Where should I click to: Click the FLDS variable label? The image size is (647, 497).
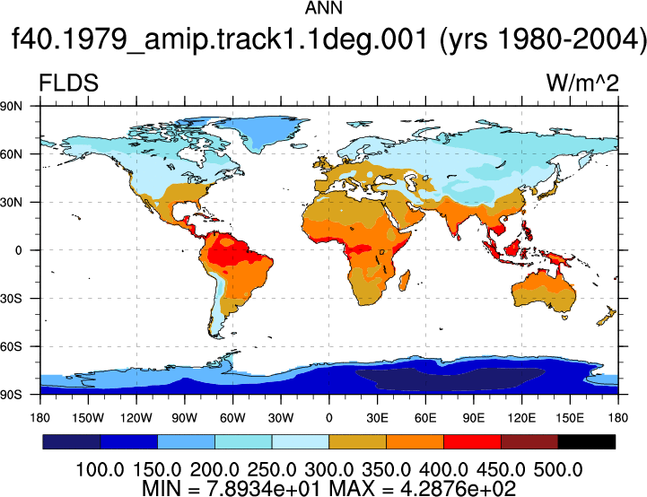pos(68,83)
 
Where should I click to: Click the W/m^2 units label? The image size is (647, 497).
pos(582,83)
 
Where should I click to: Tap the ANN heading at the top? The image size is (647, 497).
pos(323,8)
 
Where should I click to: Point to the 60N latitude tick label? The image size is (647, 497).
pos(11,154)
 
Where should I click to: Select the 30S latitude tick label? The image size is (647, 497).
pos(11,298)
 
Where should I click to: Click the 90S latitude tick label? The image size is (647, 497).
pos(11,395)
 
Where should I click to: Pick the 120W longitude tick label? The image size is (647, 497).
pos(136,418)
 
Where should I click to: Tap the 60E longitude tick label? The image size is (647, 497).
pos(425,418)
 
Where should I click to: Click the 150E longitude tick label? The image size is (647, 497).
pos(570,418)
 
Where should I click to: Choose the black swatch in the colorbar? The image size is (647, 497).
pos(587,441)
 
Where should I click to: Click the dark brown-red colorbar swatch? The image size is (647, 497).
pos(529,441)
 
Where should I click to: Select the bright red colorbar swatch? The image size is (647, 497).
pos(472,441)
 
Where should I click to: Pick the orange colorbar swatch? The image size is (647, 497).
pos(415,441)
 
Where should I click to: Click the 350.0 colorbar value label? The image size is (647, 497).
pos(386,470)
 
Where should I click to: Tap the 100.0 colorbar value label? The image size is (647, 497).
pos(100,470)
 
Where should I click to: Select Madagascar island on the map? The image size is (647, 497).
pos(405,280)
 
